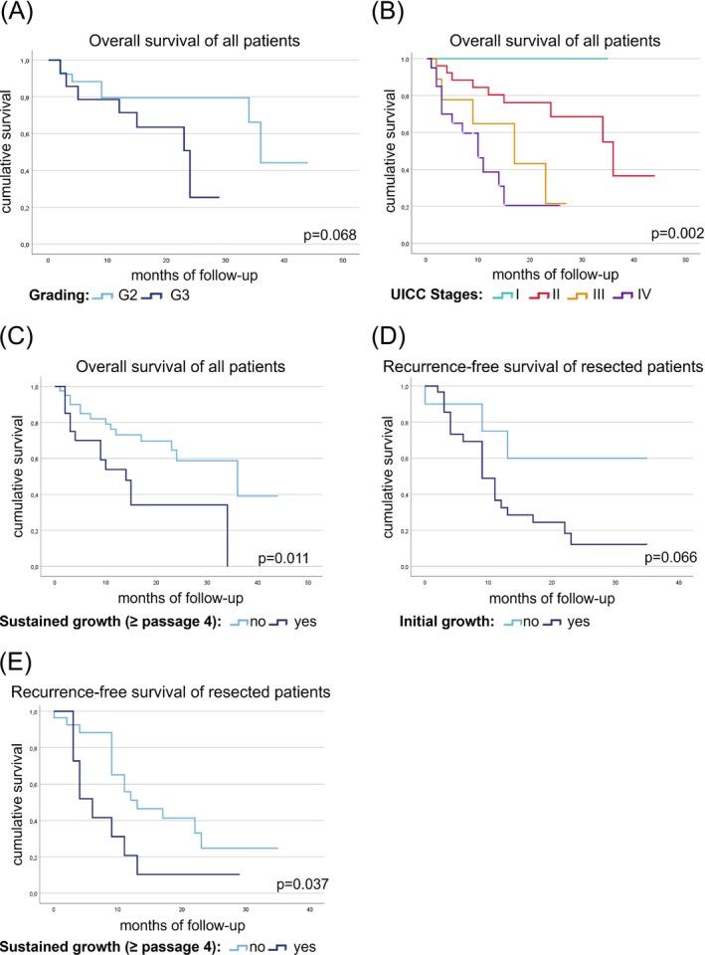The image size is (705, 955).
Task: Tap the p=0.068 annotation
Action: [328, 235]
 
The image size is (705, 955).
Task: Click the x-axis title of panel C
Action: [171, 598]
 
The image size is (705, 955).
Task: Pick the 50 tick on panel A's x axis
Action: [342, 259]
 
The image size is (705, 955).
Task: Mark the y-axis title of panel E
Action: [17, 796]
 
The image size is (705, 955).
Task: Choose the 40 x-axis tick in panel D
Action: [678, 581]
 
